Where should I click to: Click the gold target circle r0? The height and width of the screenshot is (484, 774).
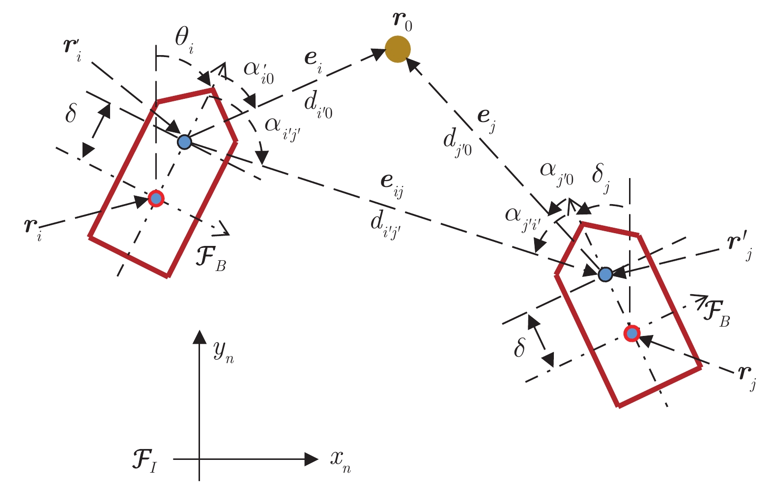[x=398, y=49]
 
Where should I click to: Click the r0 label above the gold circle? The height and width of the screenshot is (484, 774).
[x=401, y=20]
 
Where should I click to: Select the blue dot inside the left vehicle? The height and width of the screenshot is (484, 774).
[x=184, y=142]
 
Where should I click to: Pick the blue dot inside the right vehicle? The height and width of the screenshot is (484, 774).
[x=605, y=274]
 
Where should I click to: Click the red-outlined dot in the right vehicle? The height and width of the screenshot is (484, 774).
[x=632, y=333]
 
